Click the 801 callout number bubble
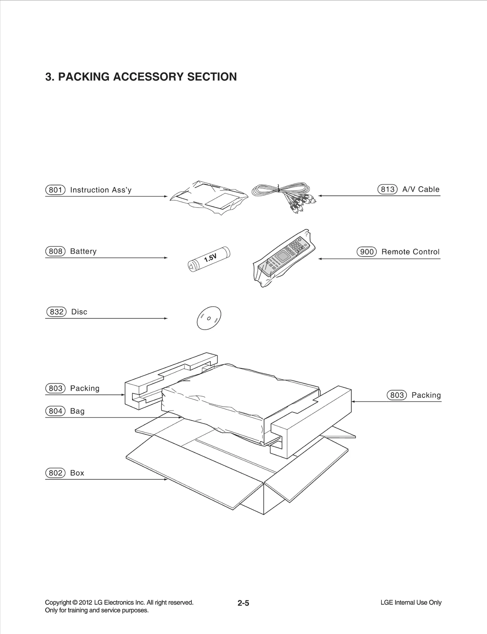[55, 190]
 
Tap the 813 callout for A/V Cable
[387, 189]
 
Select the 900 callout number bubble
[367, 252]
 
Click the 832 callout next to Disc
[56, 312]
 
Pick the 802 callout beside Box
[55, 473]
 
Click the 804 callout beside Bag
[55, 411]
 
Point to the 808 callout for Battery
[55, 251]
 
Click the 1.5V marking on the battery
[210, 258]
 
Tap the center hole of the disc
[209, 319]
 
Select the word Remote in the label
[394, 252]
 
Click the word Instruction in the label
[89, 190]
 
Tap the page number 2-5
[243, 603]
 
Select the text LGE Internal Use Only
[411, 602]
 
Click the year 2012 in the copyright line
[86, 602]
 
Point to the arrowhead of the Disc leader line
[166, 319]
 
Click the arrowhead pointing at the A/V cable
[320, 196]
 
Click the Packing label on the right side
[426, 395]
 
